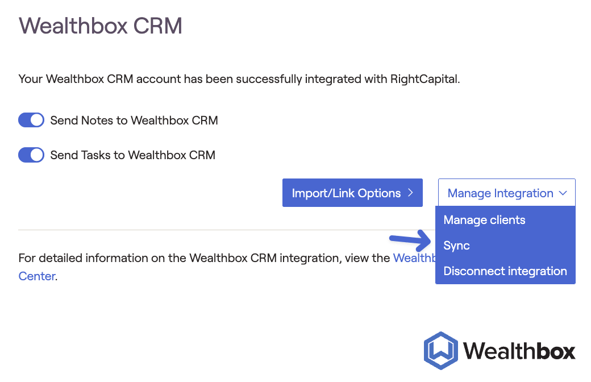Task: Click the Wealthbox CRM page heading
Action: pos(101,26)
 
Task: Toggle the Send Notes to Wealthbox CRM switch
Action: pos(31,121)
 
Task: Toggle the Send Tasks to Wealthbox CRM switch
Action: pos(31,155)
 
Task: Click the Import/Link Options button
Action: pos(352,193)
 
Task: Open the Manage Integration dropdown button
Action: pos(506,193)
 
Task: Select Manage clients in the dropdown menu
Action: pos(484,220)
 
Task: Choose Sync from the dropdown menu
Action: pos(456,246)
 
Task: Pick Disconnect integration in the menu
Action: pos(505,271)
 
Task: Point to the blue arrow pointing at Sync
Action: pos(408,240)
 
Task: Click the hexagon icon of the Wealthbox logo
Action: pos(440,350)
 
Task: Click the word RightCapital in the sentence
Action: pos(424,79)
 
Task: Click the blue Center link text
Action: pos(37,276)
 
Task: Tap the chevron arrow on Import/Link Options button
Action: pos(410,193)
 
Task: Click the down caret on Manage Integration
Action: pos(563,193)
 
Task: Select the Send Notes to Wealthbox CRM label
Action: pos(134,121)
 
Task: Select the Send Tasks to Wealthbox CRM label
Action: pos(132,155)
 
